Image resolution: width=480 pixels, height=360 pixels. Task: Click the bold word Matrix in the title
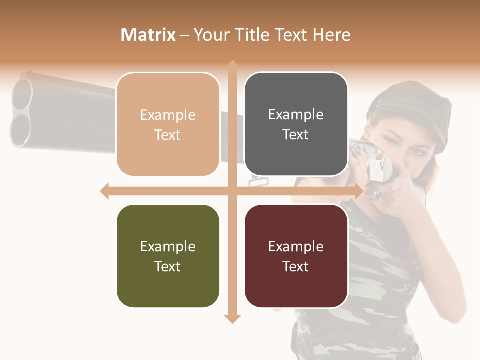(148, 35)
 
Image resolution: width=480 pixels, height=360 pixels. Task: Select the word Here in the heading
(331, 35)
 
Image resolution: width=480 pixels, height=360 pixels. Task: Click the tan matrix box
(168, 124)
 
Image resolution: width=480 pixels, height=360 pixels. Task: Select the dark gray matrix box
(296, 124)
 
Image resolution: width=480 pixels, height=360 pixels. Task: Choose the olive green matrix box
(168, 256)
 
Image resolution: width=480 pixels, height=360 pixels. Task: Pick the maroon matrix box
(296, 256)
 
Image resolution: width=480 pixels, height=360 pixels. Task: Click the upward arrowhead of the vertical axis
(232, 65)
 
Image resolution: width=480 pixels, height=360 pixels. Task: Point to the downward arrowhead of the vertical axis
(232, 318)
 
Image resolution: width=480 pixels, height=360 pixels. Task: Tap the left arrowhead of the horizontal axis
(105, 191)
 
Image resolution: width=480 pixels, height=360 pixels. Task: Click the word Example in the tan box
(168, 115)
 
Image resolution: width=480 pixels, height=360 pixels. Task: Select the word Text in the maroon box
(296, 266)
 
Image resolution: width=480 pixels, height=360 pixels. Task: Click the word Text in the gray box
(296, 134)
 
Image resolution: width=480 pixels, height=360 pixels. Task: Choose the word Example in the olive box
(168, 246)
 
